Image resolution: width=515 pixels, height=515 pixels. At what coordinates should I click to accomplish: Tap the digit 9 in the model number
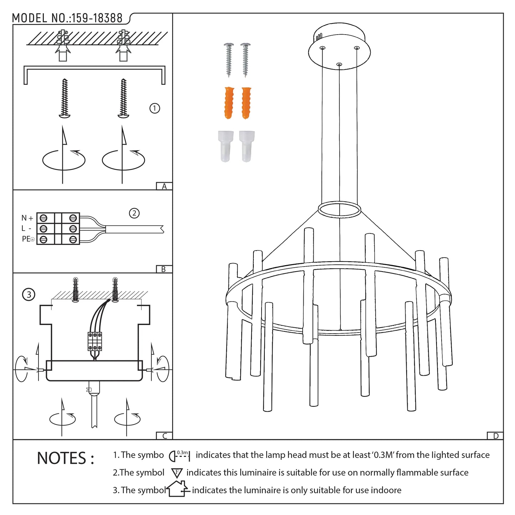(84, 18)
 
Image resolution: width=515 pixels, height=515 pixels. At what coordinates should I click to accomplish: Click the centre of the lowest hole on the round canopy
(339, 65)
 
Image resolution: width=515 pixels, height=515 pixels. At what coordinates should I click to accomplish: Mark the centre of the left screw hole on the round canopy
(323, 48)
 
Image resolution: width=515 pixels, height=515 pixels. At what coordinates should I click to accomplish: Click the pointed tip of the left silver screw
(229, 77)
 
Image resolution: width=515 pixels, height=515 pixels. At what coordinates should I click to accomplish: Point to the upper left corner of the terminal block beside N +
(37, 213)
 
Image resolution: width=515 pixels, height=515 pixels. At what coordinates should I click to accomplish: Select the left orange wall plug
(229, 103)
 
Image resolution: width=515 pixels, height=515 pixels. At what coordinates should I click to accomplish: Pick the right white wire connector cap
(247, 146)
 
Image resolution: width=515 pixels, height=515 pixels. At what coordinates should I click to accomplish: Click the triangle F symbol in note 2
(177, 473)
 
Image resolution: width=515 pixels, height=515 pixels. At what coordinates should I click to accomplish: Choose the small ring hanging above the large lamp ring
(339, 209)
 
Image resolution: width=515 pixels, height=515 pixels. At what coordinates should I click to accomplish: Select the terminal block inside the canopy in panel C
(95, 341)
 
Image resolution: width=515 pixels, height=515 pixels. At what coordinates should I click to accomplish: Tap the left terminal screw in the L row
(43, 229)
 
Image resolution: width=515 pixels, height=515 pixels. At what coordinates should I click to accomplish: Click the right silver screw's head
(245, 45)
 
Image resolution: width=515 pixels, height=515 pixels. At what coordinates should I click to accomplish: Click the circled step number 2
(134, 213)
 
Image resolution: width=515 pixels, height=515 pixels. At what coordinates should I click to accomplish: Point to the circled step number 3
(29, 294)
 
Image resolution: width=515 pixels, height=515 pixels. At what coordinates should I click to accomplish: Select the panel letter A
(164, 186)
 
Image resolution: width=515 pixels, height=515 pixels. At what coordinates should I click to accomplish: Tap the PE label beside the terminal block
(26, 239)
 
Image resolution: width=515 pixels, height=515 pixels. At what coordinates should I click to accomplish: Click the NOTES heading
(66, 458)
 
